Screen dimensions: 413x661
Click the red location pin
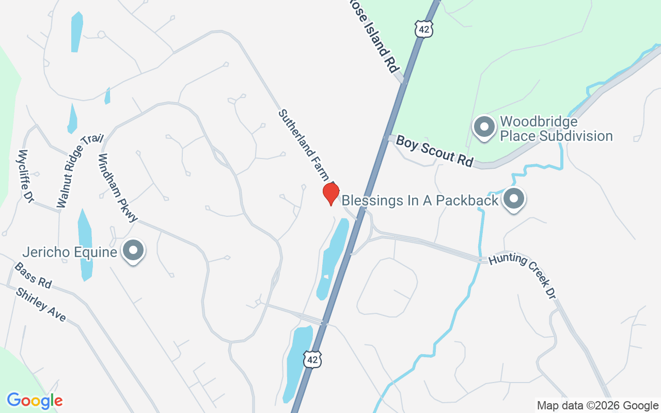331,194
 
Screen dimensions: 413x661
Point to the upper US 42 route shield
423,29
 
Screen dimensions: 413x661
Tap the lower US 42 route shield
312,359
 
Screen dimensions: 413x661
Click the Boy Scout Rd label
434,151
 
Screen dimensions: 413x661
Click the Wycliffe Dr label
25,176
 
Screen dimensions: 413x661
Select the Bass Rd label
33,275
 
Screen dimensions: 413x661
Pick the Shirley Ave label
41,305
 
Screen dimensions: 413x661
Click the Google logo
35,401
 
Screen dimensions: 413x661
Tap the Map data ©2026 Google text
597,405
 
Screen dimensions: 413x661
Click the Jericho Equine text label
70,252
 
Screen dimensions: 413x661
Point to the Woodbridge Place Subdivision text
556,129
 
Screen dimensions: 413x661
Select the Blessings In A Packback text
420,200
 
